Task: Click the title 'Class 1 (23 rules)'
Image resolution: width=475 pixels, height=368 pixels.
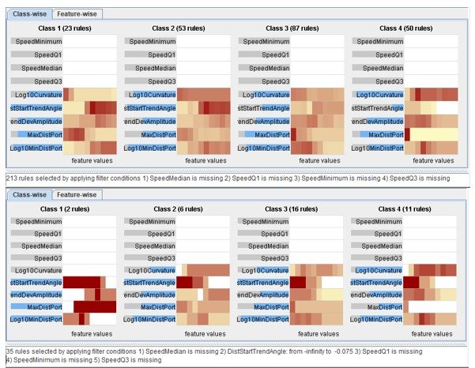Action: coord(63,28)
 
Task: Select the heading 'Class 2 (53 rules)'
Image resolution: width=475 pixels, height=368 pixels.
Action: coord(175,28)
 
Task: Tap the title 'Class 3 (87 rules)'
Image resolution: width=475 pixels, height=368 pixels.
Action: coord(288,28)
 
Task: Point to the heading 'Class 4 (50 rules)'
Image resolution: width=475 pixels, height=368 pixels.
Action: coord(403,28)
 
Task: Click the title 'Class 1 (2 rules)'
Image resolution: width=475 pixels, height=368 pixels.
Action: coord(63,209)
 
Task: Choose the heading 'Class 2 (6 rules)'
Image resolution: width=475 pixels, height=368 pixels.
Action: coord(175,209)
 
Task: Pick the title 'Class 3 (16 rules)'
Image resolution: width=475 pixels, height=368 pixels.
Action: coord(288,209)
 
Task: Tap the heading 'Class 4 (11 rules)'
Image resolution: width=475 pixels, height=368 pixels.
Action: coord(403,209)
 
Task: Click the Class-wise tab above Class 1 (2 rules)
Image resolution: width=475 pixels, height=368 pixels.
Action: coord(28,194)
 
